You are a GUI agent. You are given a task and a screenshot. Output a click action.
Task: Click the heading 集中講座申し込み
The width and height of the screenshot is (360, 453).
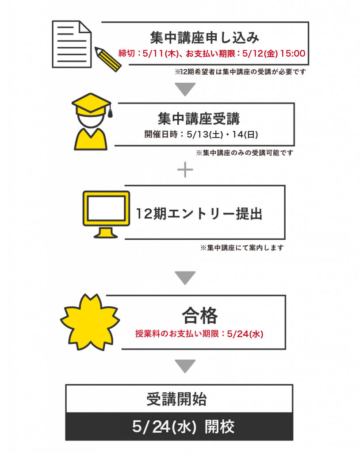click(205, 38)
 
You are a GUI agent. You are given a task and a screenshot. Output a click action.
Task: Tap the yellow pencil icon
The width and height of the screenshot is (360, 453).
click(108, 59)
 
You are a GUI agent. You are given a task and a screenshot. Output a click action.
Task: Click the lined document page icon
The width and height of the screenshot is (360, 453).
click(72, 44)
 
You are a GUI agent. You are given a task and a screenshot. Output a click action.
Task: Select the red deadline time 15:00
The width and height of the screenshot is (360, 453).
click(293, 54)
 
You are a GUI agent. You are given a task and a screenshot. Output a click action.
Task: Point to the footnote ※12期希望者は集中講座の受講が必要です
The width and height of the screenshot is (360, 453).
click(240, 72)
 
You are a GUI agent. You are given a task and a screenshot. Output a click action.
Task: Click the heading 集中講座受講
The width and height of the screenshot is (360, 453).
click(199, 119)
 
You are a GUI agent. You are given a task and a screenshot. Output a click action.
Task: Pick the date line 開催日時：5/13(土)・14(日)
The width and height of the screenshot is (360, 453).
click(201, 134)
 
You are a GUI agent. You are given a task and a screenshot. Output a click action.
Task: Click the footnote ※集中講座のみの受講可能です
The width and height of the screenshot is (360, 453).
click(245, 153)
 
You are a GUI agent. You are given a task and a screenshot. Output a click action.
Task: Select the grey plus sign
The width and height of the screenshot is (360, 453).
click(185, 169)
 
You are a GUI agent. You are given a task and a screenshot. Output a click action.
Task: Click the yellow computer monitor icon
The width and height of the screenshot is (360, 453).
click(106, 214)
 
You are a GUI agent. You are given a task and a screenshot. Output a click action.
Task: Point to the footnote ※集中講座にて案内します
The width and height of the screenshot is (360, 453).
click(242, 248)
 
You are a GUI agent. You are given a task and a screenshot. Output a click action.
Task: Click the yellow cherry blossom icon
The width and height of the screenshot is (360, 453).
click(90, 322)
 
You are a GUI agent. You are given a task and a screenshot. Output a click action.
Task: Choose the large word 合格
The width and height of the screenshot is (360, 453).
click(199, 315)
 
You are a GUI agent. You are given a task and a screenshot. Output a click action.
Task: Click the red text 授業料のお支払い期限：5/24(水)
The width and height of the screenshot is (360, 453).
click(199, 334)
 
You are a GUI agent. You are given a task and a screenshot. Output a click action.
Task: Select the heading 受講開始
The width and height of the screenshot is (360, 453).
click(176, 399)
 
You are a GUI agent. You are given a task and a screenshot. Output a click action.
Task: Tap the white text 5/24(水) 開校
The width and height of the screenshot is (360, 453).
click(183, 427)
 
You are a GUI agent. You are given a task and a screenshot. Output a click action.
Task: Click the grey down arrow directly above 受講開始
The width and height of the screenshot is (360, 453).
click(185, 366)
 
